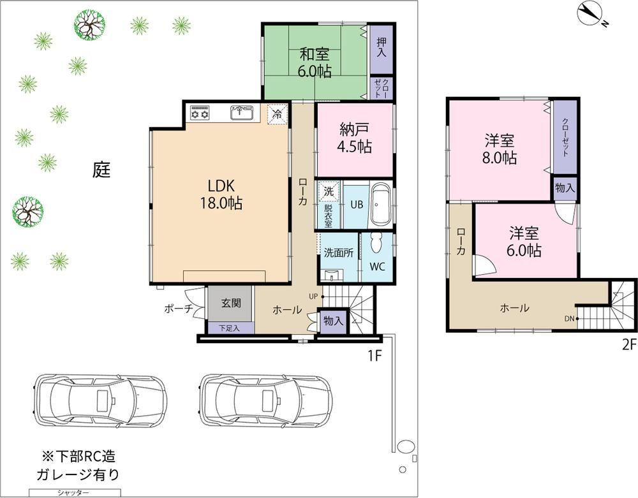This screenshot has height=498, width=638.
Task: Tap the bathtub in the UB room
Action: click(381, 205)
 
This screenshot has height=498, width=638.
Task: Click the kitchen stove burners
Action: click(200, 113)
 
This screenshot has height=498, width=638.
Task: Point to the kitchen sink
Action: click(242, 113)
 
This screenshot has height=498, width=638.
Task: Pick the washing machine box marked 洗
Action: click(329, 191)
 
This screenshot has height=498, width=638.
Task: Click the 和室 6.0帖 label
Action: click(315, 62)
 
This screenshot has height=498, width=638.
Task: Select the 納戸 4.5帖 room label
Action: click(354, 138)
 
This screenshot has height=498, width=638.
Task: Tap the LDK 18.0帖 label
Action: click(221, 194)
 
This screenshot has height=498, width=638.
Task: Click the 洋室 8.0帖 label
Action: click(500, 149)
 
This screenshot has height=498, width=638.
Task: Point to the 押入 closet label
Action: click(382, 48)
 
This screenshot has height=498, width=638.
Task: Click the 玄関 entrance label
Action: click(231, 304)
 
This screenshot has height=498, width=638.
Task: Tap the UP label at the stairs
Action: click(313, 297)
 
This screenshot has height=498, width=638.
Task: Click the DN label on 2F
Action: click(569, 319)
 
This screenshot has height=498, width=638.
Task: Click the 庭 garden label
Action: click(101, 170)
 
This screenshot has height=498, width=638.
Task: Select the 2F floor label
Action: click(629, 345)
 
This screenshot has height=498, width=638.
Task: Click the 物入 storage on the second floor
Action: click(565, 188)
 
